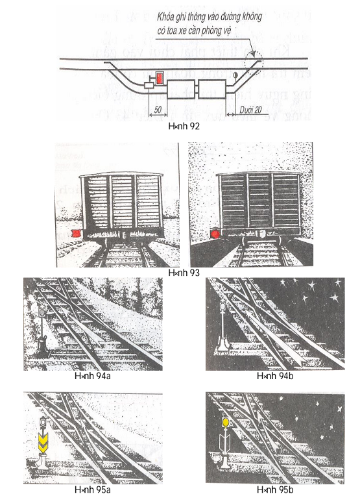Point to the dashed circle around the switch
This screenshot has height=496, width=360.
click(252, 60)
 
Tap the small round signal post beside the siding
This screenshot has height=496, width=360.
click(234, 77)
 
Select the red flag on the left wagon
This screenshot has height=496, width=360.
click(75, 232)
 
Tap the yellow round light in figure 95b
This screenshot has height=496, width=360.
click(225, 422)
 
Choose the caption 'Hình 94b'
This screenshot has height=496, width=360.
click(270, 376)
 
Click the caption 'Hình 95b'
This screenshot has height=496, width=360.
click(270, 489)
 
